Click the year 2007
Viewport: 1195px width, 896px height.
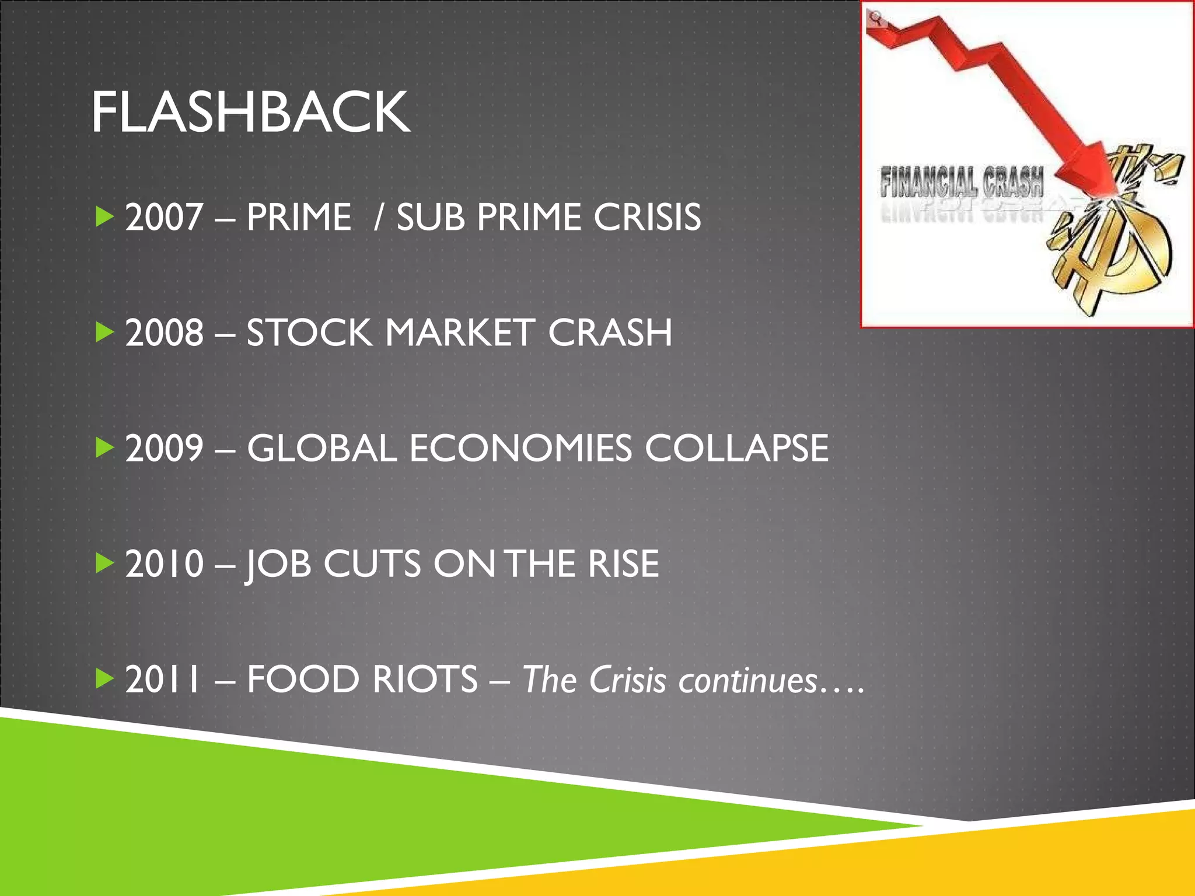(x=164, y=217)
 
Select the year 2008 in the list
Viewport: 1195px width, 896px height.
(x=164, y=332)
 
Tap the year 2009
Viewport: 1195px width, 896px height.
(x=164, y=448)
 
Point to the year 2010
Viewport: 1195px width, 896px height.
(x=164, y=563)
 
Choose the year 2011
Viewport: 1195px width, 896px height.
(x=163, y=679)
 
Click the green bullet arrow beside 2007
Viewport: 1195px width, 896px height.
(x=104, y=217)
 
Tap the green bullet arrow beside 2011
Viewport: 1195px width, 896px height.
(x=104, y=678)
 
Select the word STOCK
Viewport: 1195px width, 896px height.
(x=309, y=332)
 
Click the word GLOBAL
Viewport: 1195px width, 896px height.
(x=322, y=448)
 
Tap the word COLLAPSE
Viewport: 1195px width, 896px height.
(x=736, y=448)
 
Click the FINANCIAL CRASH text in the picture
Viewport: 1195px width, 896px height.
(x=962, y=182)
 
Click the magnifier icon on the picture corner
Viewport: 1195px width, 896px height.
(x=875, y=18)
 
